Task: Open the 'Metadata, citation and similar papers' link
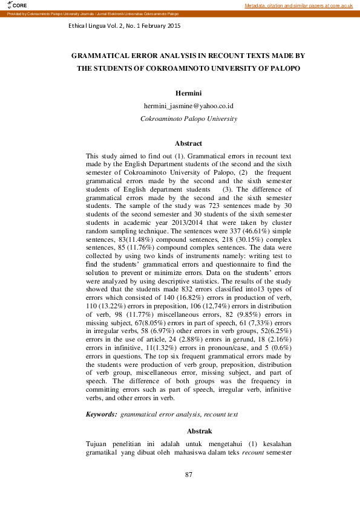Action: [x=299, y=5]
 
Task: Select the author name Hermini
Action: [x=188, y=93]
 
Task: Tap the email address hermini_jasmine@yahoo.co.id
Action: [x=188, y=106]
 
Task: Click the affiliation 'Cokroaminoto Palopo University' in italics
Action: [x=188, y=118]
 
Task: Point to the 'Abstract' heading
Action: [x=188, y=143]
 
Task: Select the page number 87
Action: [x=188, y=475]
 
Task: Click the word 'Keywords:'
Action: [x=101, y=414]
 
